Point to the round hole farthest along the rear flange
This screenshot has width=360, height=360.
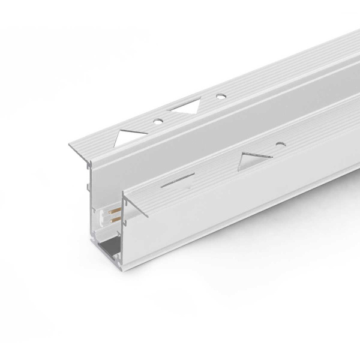coord(221,95)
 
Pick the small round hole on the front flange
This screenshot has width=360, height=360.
coord(280,144)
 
